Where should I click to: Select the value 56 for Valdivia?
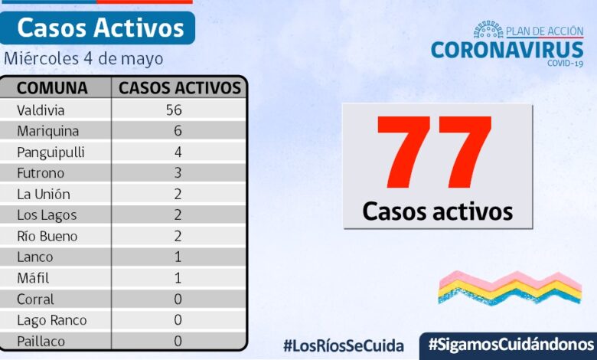point(178,110)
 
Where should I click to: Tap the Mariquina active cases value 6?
point(178,131)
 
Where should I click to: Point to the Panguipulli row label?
point(51,152)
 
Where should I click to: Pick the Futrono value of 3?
point(178,173)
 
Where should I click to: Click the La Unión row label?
point(44,194)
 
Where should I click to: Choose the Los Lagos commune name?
point(47,215)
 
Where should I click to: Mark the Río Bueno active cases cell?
point(178,236)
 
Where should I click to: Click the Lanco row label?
point(35,257)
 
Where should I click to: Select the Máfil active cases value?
point(178,278)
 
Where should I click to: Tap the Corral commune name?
point(36,299)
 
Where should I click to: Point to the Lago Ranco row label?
point(52,320)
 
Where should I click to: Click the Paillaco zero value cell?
point(178,341)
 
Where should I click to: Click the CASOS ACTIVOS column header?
point(180,87)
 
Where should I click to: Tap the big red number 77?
point(436,153)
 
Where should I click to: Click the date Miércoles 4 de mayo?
point(83,58)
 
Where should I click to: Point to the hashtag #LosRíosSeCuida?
point(343,345)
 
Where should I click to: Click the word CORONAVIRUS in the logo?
point(507,50)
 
